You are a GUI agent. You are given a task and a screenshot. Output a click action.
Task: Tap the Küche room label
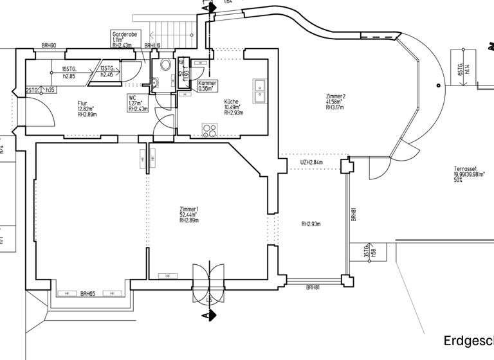pos(233,107)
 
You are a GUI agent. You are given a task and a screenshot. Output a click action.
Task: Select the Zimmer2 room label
pos(335,102)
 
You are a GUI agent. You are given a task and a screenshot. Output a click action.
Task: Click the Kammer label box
pos(207,86)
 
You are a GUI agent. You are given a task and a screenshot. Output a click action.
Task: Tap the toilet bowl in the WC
pos(167,65)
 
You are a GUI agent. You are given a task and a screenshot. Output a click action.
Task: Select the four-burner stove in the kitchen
pos(210,130)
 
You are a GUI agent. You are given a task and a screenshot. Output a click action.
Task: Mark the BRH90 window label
pos(49,46)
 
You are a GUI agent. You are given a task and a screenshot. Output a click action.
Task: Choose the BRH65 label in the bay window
pos(87,294)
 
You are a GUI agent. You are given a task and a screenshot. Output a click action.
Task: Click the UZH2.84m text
pos(311,163)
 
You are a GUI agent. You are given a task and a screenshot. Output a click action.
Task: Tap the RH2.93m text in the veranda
pos(311,224)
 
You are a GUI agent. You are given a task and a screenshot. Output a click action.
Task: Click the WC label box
pos(138,103)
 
